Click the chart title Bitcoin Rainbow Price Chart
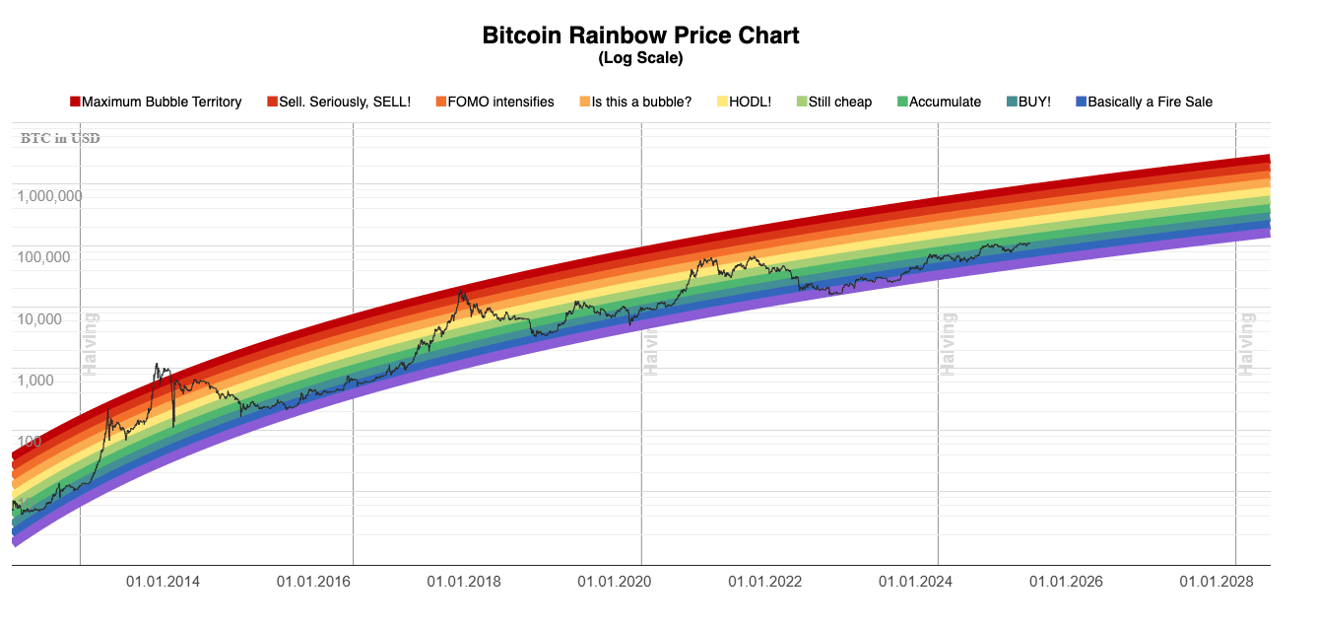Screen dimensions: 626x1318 coord(640,36)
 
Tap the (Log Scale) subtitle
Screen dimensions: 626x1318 coord(640,59)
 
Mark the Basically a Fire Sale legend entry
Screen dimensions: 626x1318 coord(1149,102)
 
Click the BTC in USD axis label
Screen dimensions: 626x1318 coord(60,138)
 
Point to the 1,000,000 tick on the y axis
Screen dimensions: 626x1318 coord(49,195)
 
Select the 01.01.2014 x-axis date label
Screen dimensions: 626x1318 coord(164,582)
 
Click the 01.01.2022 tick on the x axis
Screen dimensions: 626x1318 coord(765,582)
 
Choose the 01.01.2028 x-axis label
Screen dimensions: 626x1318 coord(1217,582)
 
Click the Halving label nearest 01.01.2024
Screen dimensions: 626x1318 coord(949,344)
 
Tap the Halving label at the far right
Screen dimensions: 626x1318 coord(1247,344)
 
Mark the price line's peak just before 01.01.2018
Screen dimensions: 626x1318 coord(461,290)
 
